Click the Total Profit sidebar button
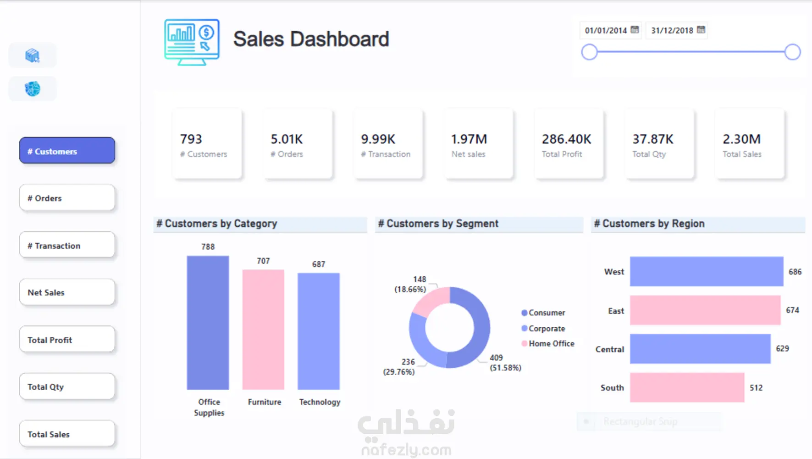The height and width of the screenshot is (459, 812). pyautogui.click(x=67, y=340)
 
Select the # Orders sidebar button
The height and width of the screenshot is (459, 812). pyautogui.click(x=67, y=198)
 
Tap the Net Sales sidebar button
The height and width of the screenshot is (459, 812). pyautogui.click(x=67, y=292)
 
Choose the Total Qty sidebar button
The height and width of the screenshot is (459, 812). pyautogui.click(x=67, y=387)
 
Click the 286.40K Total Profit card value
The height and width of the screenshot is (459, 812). pyautogui.click(x=566, y=139)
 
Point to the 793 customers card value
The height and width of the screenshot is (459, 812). pyautogui.click(x=191, y=139)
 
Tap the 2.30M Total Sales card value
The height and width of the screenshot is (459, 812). pyautogui.click(x=741, y=139)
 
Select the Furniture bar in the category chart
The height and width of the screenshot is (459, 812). pyautogui.click(x=263, y=330)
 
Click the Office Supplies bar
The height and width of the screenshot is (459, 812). pyautogui.click(x=208, y=323)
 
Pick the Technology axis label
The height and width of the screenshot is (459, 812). pyautogui.click(x=320, y=402)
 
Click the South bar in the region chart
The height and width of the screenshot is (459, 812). pyautogui.click(x=687, y=388)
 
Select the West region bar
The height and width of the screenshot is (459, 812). pyautogui.click(x=707, y=272)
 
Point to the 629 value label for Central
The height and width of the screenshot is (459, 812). pyautogui.click(x=782, y=349)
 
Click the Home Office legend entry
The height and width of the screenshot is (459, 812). pyautogui.click(x=551, y=344)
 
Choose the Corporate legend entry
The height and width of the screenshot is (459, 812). pyautogui.click(x=546, y=329)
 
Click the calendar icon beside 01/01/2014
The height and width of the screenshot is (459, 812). pyautogui.click(x=635, y=30)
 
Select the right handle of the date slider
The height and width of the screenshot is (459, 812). pyautogui.click(x=792, y=52)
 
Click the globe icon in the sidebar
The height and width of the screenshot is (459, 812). pyautogui.click(x=33, y=89)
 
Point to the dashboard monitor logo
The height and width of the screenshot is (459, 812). pyautogui.click(x=192, y=42)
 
